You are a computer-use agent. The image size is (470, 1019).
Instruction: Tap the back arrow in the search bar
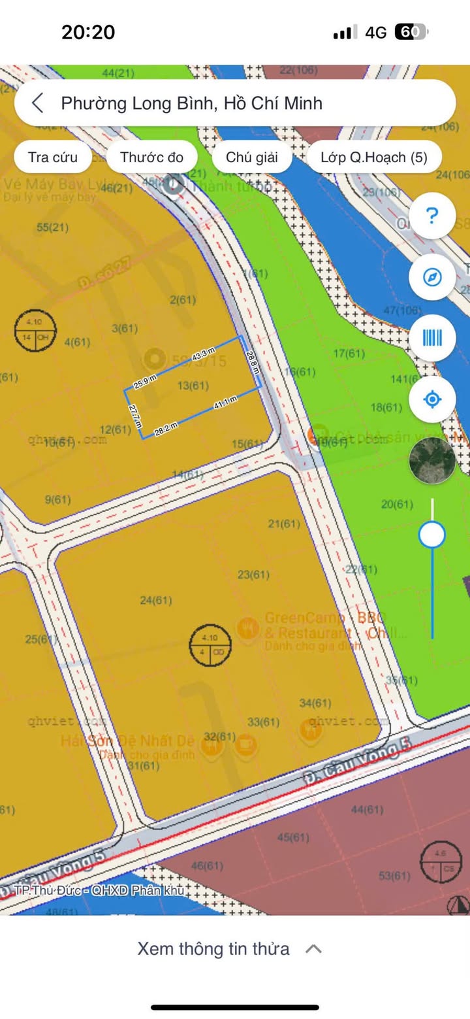click(x=38, y=103)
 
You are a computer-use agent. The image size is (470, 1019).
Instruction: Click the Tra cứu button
click(x=52, y=157)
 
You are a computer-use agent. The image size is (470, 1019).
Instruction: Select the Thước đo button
click(x=151, y=157)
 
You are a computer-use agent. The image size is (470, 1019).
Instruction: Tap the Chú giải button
click(x=252, y=157)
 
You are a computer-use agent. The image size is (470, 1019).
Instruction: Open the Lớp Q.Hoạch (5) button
click(x=374, y=157)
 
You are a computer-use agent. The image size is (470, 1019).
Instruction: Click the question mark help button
click(x=431, y=216)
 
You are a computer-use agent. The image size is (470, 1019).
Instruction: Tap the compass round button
click(x=431, y=277)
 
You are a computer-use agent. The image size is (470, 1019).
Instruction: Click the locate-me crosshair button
click(x=431, y=399)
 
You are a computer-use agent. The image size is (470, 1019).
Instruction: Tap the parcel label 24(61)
click(x=156, y=600)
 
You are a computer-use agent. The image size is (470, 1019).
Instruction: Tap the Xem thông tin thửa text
click(x=213, y=948)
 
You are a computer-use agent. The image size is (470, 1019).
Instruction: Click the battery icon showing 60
click(x=411, y=32)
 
